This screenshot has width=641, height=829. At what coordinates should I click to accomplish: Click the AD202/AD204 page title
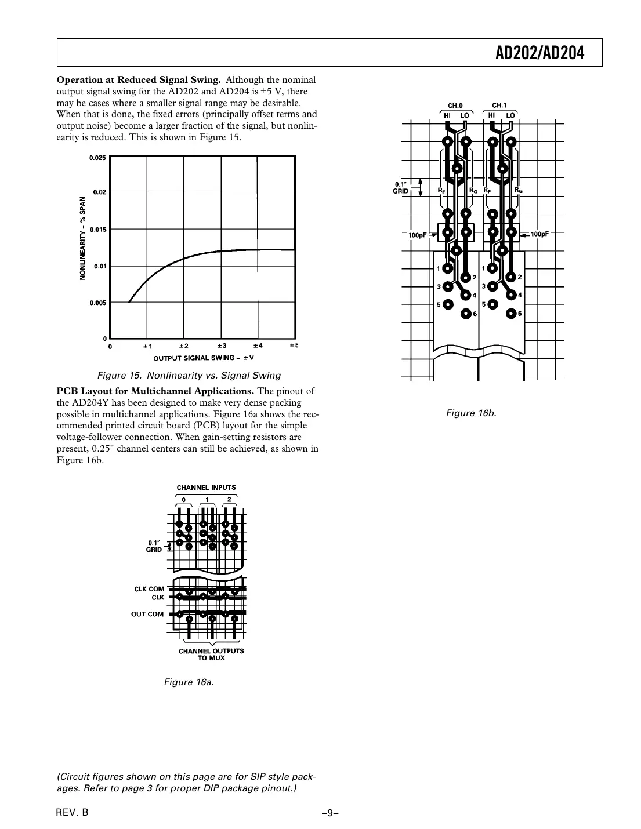[539, 53]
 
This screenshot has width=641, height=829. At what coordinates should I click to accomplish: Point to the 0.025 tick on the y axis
[98, 158]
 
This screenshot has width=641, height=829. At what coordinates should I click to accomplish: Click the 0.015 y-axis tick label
[98, 230]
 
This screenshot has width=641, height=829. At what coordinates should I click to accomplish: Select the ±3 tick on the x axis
[221, 346]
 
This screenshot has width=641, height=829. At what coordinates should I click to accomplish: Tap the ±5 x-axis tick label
[294, 346]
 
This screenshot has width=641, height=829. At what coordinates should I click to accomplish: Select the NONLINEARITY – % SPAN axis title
[83, 238]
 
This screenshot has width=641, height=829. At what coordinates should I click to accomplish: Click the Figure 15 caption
[189, 375]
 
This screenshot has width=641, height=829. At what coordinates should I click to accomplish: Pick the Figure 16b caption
[471, 413]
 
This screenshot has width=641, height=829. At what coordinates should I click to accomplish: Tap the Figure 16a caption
[189, 682]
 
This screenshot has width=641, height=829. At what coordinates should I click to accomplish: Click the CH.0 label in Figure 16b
[455, 106]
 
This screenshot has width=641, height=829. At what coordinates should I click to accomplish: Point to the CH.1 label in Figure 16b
[499, 106]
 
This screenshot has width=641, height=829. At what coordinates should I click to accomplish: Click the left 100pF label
[417, 235]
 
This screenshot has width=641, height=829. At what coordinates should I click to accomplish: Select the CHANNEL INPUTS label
[206, 488]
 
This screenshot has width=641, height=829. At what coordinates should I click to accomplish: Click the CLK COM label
[149, 589]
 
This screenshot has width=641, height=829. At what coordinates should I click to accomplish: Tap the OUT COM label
[147, 614]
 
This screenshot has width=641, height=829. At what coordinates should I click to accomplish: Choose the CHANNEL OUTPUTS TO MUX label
[211, 654]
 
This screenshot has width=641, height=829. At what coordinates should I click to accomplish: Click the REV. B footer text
[73, 812]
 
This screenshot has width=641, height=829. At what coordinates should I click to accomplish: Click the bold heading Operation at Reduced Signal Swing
[138, 80]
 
